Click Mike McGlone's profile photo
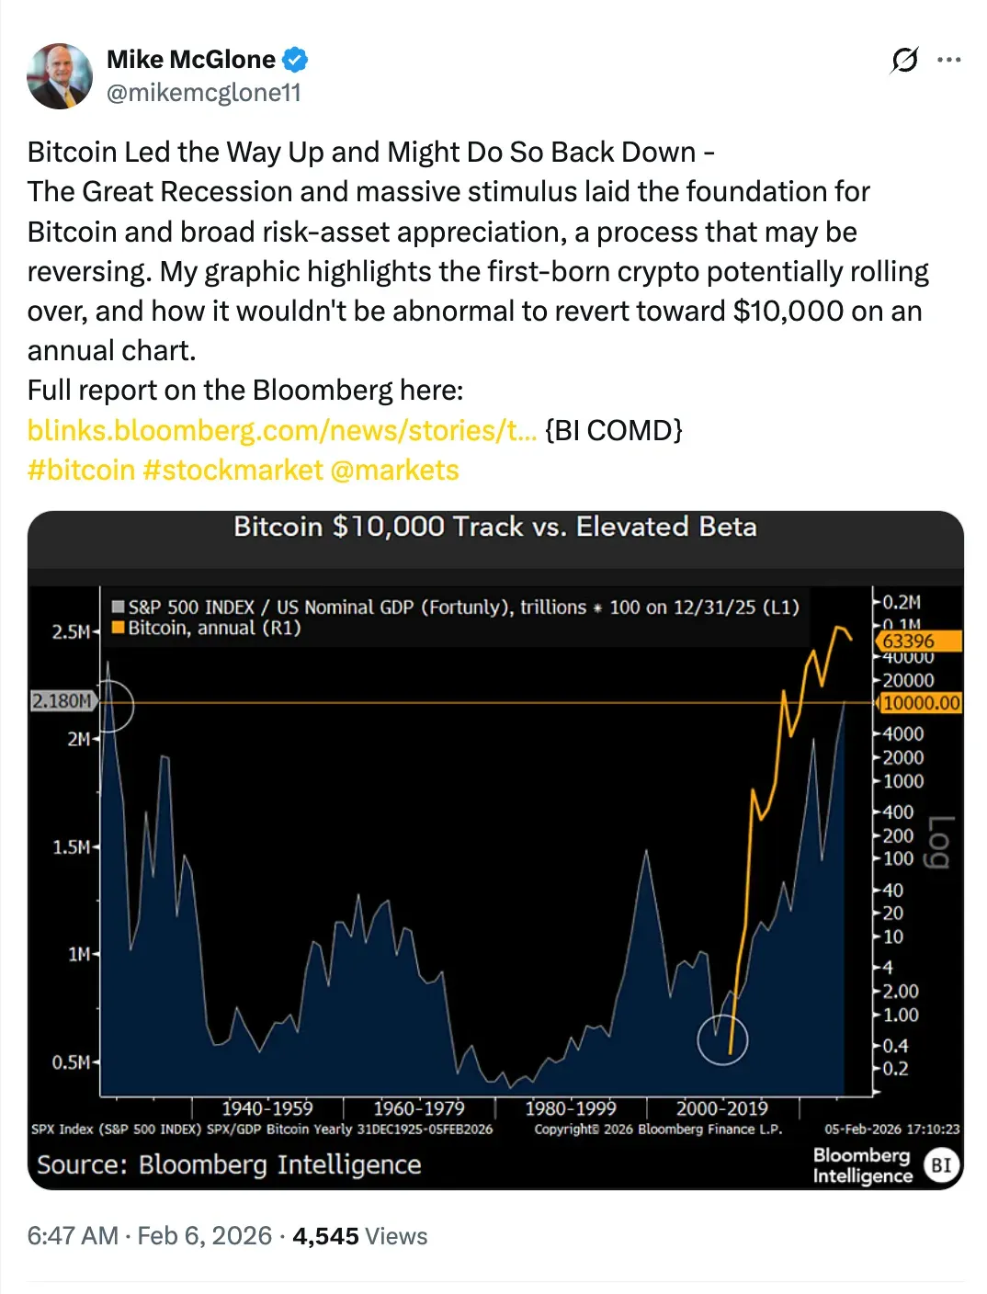(x=60, y=76)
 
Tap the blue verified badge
(x=295, y=60)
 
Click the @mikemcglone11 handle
(x=203, y=93)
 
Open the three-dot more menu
(x=948, y=60)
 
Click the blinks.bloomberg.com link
(x=281, y=430)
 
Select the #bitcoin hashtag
(x=81, y=470)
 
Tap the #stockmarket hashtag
(x=233, y=470)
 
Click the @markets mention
(x=394, y=470)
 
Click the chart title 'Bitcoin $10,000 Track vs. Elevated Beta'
(x=495, y=527)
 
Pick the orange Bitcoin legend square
(x=118, y=628)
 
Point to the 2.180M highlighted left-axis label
(x=62, y=701)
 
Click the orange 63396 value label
(x=919, y=641)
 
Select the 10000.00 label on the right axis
(x=921, y=703)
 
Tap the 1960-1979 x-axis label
(x=418, y=1108)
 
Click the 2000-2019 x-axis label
(x=721, y=1108)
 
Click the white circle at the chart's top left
(x=109, y=706)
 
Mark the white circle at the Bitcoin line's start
(x=722, y=1039)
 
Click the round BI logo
(x=941, y=1165)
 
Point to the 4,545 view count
(x=325, y=1236)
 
